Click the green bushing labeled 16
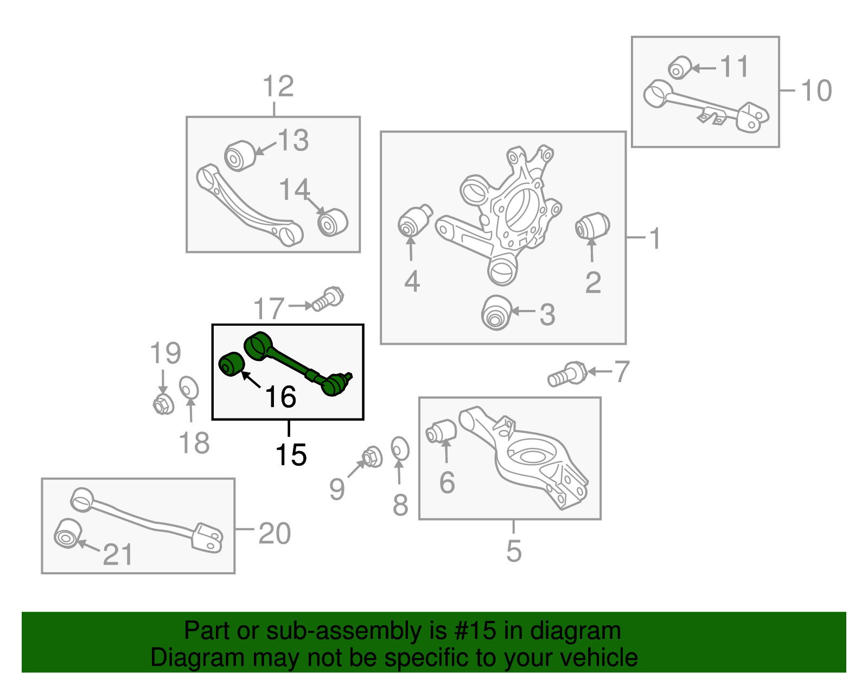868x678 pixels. tap(232, 364)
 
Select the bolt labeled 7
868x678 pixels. tap(567, 374)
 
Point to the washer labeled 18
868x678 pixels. tap(189, 388)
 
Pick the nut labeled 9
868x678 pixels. tap(372, 457)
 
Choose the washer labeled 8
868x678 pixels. tap(400, 448)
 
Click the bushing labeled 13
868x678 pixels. tap(240, 156)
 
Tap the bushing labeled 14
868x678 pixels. tap(333, 222)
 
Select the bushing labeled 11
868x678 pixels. tap(680, 68)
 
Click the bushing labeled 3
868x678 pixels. tap(497, 313)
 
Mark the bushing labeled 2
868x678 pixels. tap(592, 226)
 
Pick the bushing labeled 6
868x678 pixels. tap(441, 431)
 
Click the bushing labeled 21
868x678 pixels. tap(68, 534)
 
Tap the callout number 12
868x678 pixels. tap(278, 86)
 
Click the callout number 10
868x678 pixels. tap(816, 90)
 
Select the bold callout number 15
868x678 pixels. tap(291, 455)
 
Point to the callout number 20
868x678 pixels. tap(275, 533)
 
